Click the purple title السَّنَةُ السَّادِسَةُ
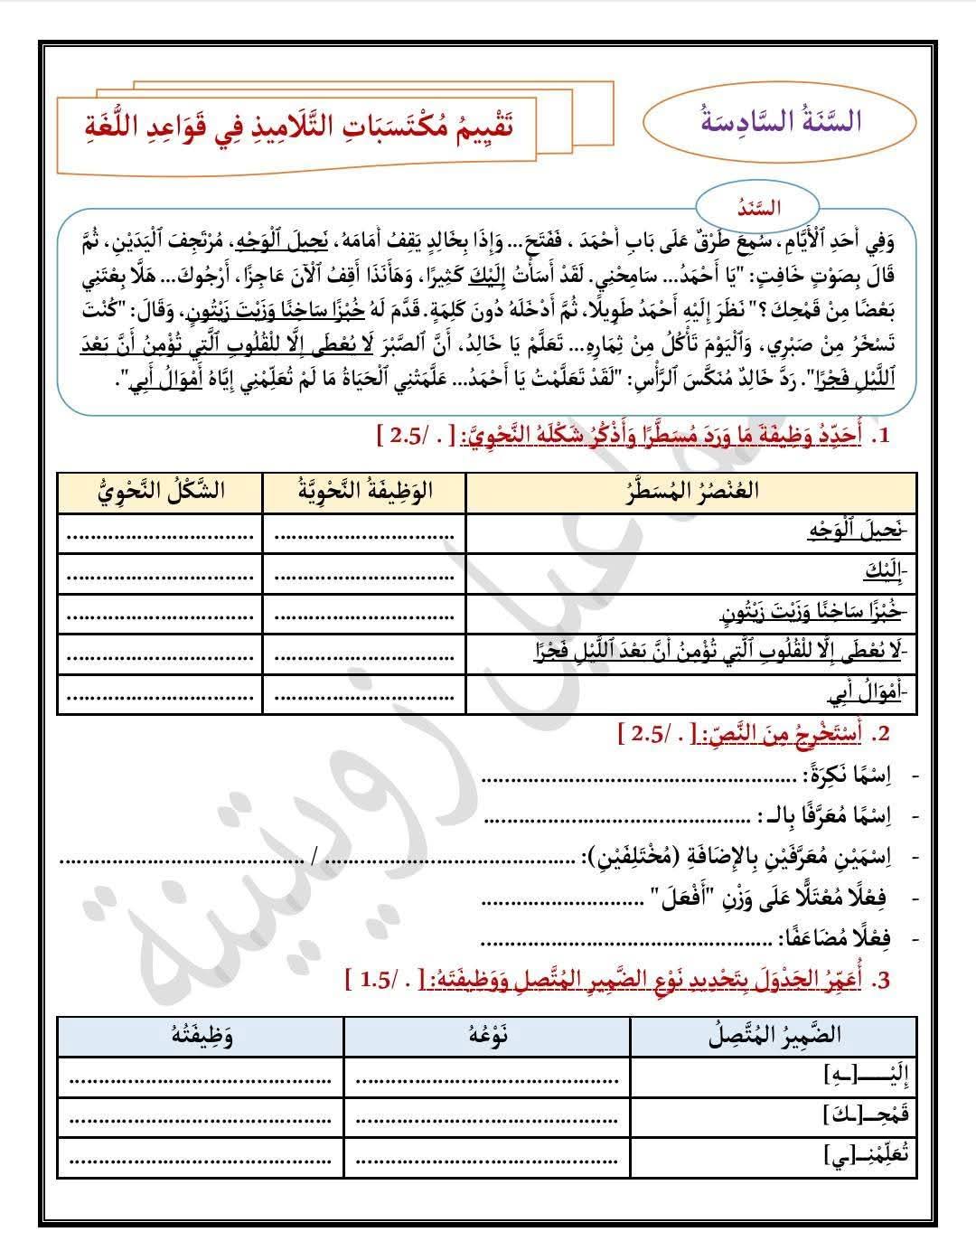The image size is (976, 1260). tap(783, 121)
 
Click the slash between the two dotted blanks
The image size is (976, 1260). tap(314, 857)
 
